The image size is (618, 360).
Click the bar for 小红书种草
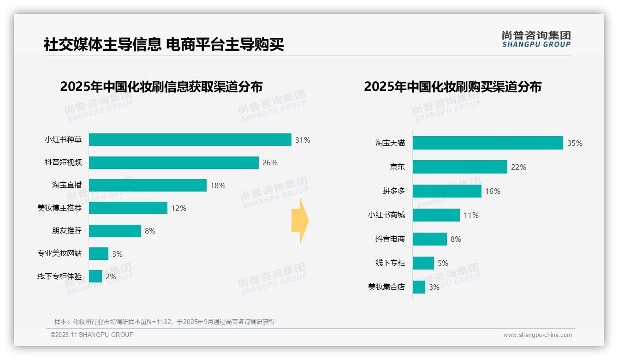[190, 140]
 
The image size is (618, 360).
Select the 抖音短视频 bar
[173, 162]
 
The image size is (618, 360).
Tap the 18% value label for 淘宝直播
[218, 186]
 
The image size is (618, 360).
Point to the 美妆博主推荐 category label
[59, 208]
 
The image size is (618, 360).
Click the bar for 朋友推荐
[115, 231]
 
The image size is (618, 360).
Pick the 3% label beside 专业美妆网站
[117, 254]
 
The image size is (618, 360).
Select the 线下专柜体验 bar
[95, 276]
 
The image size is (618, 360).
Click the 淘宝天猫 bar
[487, 143]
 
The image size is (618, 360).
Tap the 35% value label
[575, 143]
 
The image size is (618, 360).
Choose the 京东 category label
[397, 167]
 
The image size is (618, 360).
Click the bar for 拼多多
[447, 191]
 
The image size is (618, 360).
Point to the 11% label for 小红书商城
[471, 215]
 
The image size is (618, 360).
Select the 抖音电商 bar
[430, 239]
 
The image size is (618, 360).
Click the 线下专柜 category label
[390, 263]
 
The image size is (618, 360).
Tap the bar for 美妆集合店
[419, 287]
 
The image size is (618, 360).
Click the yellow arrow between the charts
[300, 221]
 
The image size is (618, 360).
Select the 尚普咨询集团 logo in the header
[536, 39]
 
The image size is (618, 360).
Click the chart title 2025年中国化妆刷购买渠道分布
[452, 87]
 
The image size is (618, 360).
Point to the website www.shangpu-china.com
[537, 335]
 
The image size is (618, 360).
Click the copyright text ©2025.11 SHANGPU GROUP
[92, 335]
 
